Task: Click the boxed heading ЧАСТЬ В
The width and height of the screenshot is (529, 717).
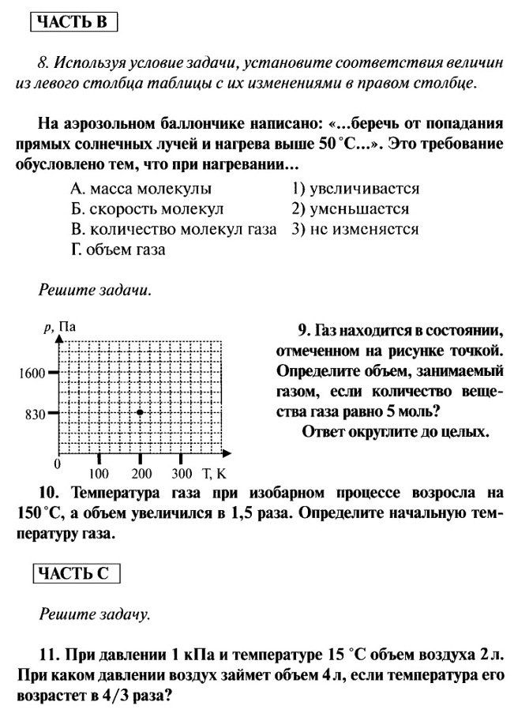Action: tap(74, 21)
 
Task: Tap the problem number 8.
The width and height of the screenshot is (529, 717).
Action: tap(43, 62)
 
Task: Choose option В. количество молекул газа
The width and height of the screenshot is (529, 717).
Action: tap(173, 230)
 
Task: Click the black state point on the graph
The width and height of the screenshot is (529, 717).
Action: tap(140, 412)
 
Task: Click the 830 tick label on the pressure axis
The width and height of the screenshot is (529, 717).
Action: tap(35, 413)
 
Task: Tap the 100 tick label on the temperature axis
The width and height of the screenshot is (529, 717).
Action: tap(99, 475)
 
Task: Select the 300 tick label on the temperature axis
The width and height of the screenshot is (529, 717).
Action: tap(182, 475)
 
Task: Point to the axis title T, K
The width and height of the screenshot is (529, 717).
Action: tap(213, 475)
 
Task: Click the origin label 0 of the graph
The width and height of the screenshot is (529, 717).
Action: tap(57, 463)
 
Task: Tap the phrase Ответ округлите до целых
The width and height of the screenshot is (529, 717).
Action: tap(395, 432)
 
